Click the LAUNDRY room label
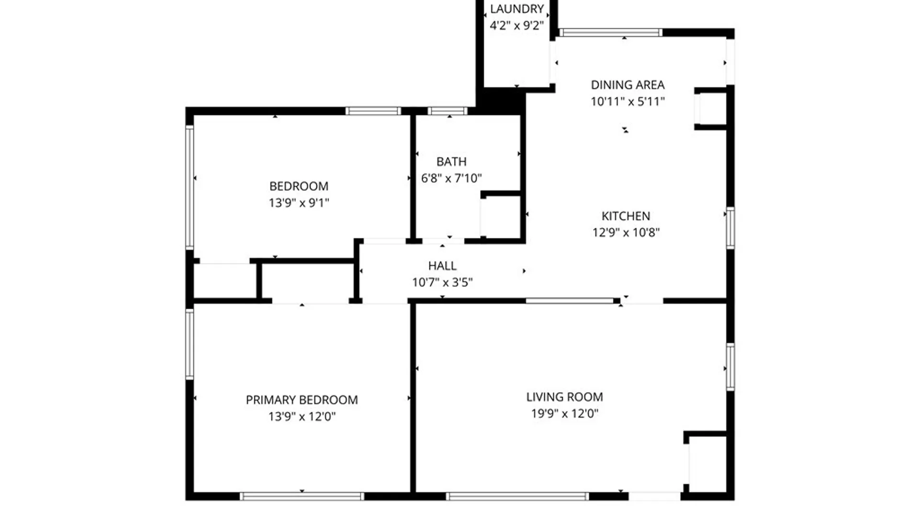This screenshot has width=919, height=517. (x=516, y=9)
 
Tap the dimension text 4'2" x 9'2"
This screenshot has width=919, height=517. (x=516, y=25)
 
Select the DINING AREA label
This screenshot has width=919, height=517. (x=628, y=85)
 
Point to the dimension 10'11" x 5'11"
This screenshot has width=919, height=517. (x=628, y=101)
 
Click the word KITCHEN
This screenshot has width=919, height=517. (x=626, y=216)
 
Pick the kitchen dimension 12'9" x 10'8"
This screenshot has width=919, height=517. (x=626, y=233)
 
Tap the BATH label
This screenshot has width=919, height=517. (x=451, y=162)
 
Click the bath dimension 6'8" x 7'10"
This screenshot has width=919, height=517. (x=451, y=179)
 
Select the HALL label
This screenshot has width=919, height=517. (x=442, y=266)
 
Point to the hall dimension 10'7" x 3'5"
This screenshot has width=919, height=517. (x=442, y=282)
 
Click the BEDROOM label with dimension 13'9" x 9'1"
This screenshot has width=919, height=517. (x=299, y=186)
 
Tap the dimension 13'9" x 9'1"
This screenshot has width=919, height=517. (x=299, y=203)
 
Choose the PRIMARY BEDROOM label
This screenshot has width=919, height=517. (x=302, y=400)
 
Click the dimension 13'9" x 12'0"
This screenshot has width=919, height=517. (x=302, y=416)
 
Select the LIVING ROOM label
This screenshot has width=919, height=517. (x=564, y=397)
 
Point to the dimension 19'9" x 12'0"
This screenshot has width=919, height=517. (x=564, y=414)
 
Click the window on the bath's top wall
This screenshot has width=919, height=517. (x=448, y=111)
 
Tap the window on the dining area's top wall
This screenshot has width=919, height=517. (x=611, y=33)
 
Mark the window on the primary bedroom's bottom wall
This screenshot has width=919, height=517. (x=302, y=496)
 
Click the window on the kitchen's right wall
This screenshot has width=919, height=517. (x=730, y=228)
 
